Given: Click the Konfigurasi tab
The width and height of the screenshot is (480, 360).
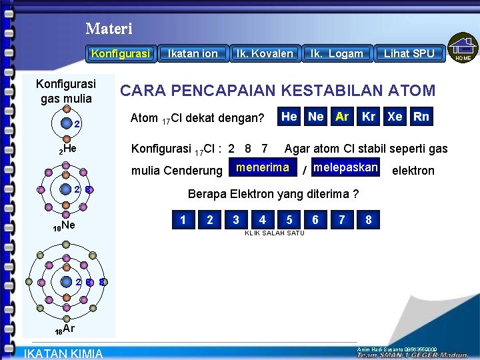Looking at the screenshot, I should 121,53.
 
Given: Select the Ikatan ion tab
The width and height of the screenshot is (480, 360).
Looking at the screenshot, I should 193,53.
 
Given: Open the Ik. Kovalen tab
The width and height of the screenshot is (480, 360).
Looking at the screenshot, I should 265,53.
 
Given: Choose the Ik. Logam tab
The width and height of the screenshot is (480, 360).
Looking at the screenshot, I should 337,53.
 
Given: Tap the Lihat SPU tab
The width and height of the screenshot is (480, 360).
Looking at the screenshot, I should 409,53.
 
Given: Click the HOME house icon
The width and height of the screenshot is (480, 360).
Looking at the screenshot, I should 463,49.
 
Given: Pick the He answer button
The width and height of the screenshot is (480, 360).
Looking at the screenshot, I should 289,117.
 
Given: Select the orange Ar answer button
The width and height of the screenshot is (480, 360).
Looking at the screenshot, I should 342,117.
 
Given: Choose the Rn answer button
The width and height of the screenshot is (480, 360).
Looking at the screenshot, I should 421,117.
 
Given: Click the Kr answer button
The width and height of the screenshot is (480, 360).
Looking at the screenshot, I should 369,117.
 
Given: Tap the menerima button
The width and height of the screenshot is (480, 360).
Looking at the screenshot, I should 263,168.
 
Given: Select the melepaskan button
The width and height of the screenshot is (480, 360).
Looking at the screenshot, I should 345,168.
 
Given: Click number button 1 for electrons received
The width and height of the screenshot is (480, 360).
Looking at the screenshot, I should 183,219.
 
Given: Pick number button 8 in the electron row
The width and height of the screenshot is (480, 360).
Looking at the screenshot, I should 369,219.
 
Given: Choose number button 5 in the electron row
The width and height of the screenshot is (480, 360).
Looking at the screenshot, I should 289,219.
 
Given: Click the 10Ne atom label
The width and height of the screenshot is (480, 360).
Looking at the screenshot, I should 64,227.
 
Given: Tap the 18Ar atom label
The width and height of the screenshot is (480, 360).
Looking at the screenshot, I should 65,329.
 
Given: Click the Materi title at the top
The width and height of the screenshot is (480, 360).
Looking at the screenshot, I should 109,29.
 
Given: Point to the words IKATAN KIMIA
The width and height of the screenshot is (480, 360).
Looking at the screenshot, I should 63,353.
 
